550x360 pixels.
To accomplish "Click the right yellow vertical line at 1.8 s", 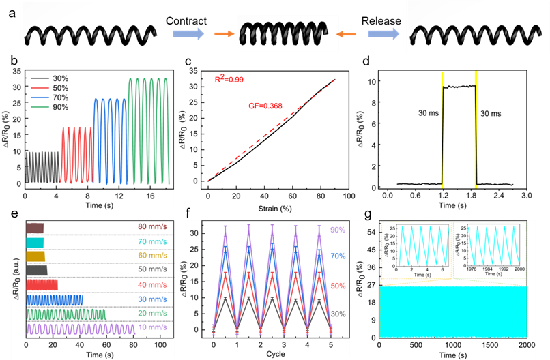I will click(475, 130).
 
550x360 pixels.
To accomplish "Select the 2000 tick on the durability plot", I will click(525, 345).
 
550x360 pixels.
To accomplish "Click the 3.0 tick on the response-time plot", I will click(526, 196).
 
